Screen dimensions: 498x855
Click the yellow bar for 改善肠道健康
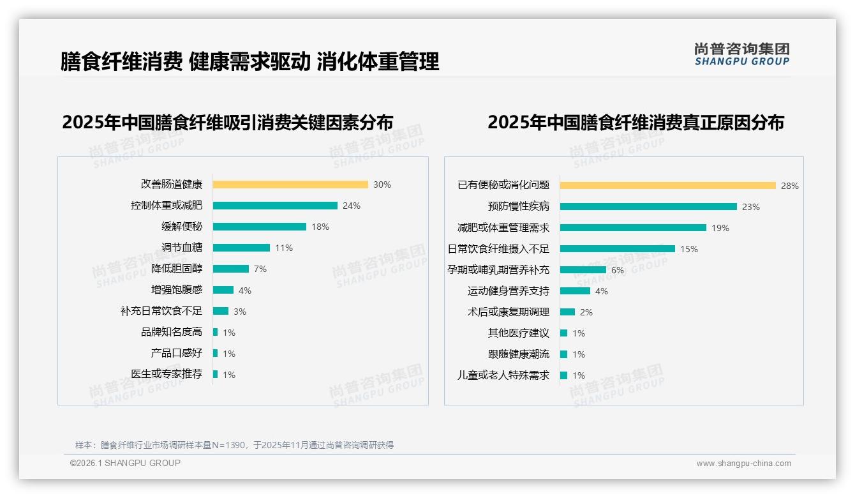(x=290, y=185)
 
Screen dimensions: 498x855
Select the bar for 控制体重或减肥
(x=275, y=206)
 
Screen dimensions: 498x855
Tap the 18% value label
(x=320, y=227)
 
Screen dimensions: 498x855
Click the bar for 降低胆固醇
(x=231, y=269)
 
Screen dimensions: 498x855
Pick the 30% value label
(x=382, y=185)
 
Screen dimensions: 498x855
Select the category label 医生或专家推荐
(x=167, y=374)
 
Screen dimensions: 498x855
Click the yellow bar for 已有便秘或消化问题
(x=668, y=186)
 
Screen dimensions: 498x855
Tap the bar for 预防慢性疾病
(x=648, y=207)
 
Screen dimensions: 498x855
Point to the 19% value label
(x=720, y=228)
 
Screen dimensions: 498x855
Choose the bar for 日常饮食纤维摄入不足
(x=618, y=249)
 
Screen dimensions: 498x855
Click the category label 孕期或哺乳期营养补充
(x=498, y=270)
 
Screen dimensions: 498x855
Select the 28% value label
(x=790, y=186)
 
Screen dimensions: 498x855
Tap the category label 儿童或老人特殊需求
(x=503, y=375)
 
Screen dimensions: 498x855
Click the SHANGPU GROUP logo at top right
(x=742, y=54)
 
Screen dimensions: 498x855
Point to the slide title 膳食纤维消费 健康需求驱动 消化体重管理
(x=249, y=62)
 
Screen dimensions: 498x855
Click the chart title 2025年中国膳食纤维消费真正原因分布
(x=636, y=122)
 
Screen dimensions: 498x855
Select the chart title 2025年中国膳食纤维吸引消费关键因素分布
(x=228, y=122)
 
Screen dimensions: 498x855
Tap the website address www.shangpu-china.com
(x=743, y=464)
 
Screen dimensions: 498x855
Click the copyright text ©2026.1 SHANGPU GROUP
(x=125, y=463)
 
